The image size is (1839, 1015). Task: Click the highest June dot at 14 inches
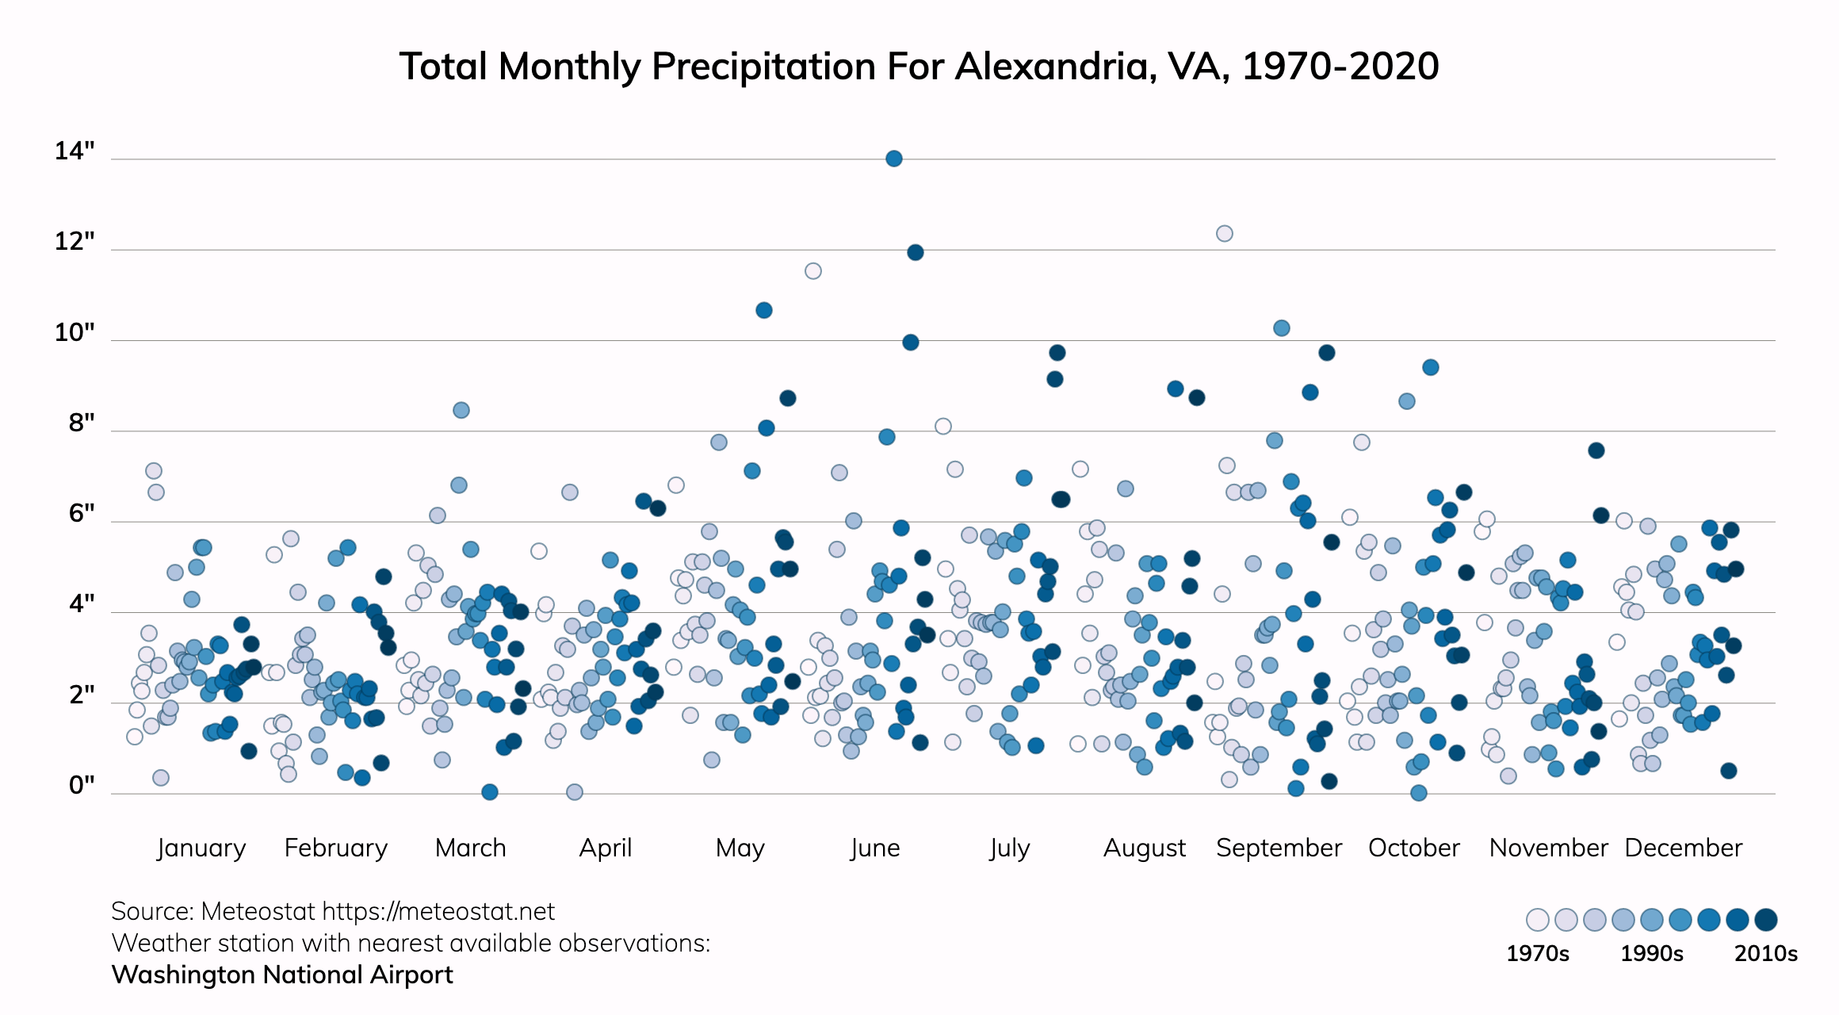[x=893, y=159]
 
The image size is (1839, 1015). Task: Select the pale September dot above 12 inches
[x=1225, y=233]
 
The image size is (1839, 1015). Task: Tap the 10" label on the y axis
[x=75, y=332]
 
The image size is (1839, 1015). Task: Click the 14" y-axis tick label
[x=75, y=151]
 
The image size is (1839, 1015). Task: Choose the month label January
[x=201, y=848]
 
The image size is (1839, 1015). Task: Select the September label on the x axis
[x=1279, y=848]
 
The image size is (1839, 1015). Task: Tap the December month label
[x=1683, y=848]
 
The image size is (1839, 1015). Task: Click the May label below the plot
[x=740, y=848]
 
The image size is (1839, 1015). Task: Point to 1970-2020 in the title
[x=1340, y=67]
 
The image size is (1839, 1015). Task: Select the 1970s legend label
[x=1537, y=953]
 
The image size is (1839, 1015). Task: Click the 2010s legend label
[x=1765, y=953]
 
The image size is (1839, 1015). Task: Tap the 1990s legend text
[x=1651, y=953]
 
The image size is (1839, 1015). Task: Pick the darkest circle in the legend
[x=1765, y=920]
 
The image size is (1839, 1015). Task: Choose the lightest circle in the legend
[x=1537, y=920]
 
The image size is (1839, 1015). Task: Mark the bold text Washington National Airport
[x=282, y=975]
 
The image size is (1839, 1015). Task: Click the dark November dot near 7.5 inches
[x=1596, y=450]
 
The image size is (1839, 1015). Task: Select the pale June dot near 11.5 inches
[x=812, y=271]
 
